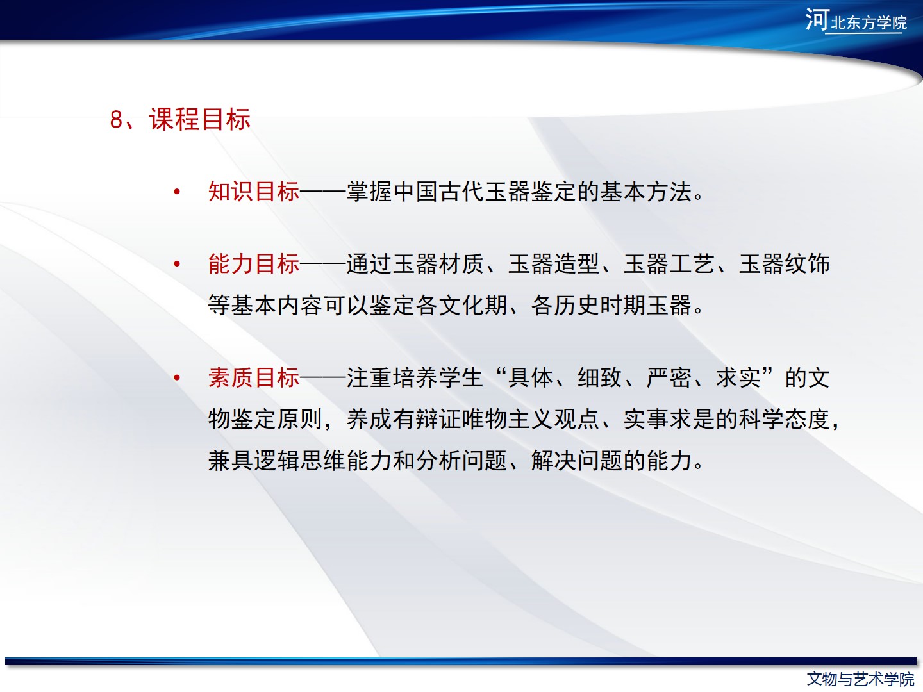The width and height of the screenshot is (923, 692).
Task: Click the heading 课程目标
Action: [200, 119]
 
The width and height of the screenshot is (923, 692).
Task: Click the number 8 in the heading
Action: [116, 120]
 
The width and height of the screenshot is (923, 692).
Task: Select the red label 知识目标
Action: [254, 192]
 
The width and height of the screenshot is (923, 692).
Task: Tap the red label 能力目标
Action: [254, 264]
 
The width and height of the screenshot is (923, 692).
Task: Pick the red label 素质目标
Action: [254, 377]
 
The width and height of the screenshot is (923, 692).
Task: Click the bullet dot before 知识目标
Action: [177, 192]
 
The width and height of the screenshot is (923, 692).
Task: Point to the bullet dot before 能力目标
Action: [177, 264]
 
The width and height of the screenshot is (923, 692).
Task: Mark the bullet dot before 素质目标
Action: [177, 377]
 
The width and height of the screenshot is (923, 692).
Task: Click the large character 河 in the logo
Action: [817, 19]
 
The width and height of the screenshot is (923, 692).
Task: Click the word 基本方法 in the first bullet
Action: [646, 192]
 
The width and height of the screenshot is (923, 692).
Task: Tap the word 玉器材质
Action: [438, 264]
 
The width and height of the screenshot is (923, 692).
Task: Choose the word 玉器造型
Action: [554, 264]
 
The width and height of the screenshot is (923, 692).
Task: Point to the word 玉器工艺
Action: [669, 264]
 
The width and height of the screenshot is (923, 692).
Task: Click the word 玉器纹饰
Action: [785, 264]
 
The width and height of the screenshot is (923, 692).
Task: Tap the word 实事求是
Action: [669, 419]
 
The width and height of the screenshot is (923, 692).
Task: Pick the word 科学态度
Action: [785, 419]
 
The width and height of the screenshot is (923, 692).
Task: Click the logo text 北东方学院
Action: [869, 22]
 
